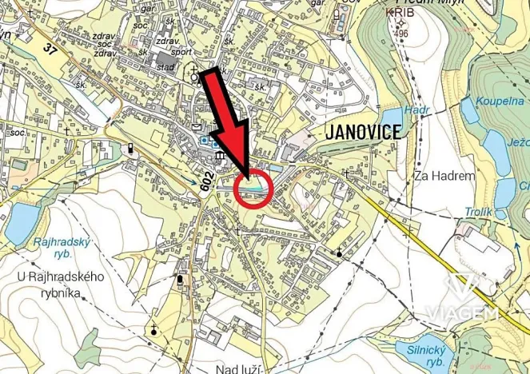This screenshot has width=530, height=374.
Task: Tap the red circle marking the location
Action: coord(256,189)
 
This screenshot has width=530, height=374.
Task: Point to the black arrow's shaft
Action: coord(221,111)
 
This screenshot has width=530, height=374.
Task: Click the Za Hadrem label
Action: coord(444,176)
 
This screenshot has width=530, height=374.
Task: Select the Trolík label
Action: coord(479,212)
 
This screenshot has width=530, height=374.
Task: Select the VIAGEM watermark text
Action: coord(462,312)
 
